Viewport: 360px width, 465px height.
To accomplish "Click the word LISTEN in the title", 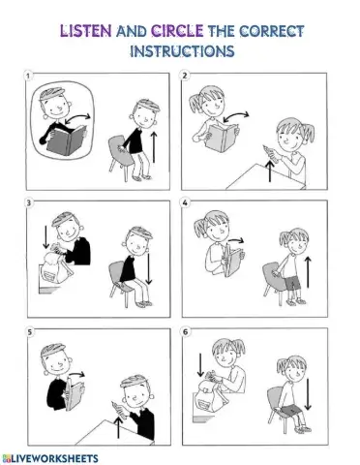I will click(85, 31).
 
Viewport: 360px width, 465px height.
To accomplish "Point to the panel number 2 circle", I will click(185, 76).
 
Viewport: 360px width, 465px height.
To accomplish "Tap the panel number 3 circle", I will click(29, 202).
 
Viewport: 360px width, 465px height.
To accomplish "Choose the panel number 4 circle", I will click(185, 202).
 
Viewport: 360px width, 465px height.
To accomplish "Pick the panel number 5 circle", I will click(29, 332).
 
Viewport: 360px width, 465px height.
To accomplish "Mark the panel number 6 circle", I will click(185, 332).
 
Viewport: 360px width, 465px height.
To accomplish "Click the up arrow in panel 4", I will click(308, 270).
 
